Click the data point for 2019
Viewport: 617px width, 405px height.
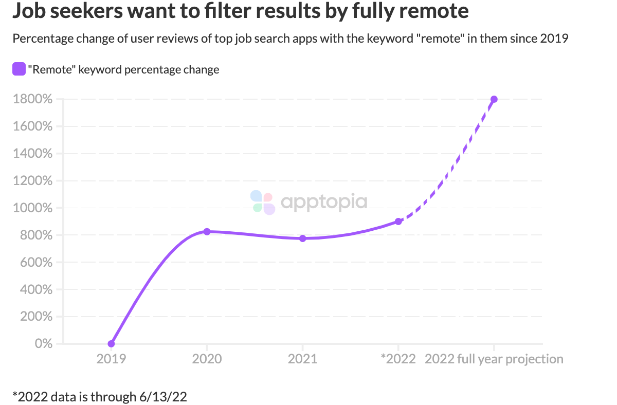pyautogui.click(x=111, y=343)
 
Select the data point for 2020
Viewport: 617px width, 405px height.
pyautogui.click(x=207, y=232)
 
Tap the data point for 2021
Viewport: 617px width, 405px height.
pyautogui.click(x=302, y=238)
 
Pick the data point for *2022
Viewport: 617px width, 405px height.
pyautogui.click(x=398, y=222)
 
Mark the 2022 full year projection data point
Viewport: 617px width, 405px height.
pyautogui.click(x=494, y=99)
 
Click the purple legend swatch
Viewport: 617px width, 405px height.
pyautogui.click(x=19, y=69)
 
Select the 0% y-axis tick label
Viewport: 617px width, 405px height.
pyautogui.click(x=43, y=343)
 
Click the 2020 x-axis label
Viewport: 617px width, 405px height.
pyautogui.click(x=207, y=359)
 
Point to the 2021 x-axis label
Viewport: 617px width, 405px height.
pyautogui.click(x=302, y=359)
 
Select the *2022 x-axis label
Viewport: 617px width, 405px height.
pyautogui.click(x=398, y=359)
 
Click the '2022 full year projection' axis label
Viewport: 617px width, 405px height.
pyautogui.click(x=494, y=359)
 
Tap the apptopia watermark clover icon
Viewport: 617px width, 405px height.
pyautogui.click(x=263, y=202)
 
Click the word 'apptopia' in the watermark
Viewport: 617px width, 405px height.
pyautogui.click(x=324, y=202)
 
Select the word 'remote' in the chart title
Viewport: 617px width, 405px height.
pyautogui.click(x=436, y=11)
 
